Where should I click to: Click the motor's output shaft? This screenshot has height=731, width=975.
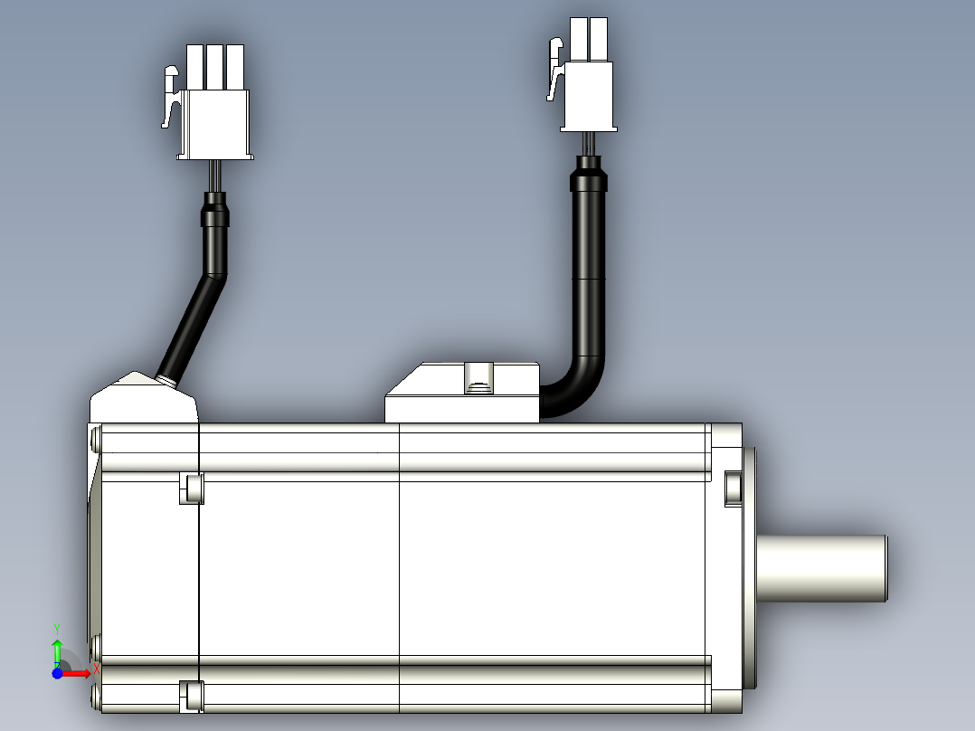pos(822,569)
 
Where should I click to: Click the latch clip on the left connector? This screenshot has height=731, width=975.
pos(171,97)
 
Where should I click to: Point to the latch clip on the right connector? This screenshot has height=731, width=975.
pos(555,69)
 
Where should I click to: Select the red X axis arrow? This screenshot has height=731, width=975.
pos(76,673)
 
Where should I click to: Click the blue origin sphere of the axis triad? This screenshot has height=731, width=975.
pos(57,673)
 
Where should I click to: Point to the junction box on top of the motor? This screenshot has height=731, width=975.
pos(462,393)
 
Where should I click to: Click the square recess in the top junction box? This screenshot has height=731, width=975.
pos(478,378)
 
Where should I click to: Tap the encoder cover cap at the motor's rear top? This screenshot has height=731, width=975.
pos(144,397)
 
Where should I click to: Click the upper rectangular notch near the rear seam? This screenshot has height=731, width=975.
pos(192,489)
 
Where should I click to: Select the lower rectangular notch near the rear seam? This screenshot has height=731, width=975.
pos(192,696)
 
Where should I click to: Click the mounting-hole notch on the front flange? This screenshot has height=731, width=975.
pos(734,489)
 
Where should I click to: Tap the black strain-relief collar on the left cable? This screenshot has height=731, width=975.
pos(215,210)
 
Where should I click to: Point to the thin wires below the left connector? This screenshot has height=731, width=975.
pos(215,176)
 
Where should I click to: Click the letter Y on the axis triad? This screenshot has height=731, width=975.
pos(57,631)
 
